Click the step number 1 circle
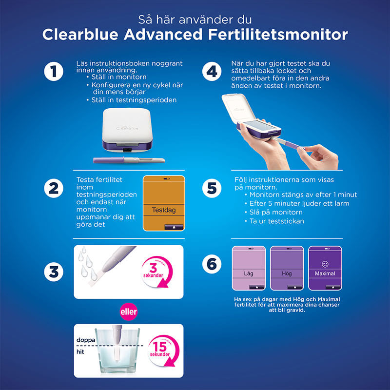click(x=54, y=72)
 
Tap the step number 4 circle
click(x=212, y=72)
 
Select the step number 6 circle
click(x=212, y=264)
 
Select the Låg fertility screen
click(x=249, y=268)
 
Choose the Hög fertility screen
click(x=287, y=268)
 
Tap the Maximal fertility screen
click(x=325, y=268)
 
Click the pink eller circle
click(x=128, y=310)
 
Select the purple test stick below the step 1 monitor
click(x=129, y=160)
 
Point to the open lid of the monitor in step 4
click(x=244, y=108)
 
